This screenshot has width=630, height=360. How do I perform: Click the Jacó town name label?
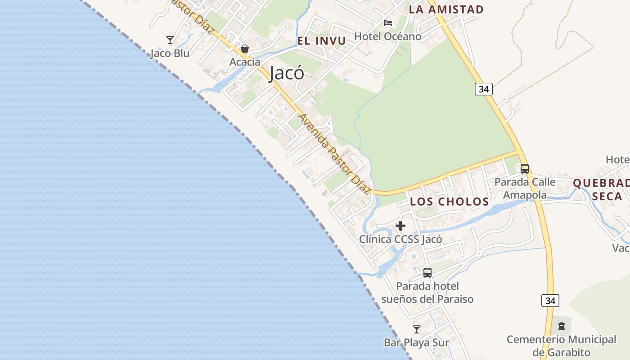[287, 73]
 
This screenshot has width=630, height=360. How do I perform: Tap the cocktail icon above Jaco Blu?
[170, 40]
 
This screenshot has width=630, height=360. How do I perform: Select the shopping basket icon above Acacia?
[245, 49]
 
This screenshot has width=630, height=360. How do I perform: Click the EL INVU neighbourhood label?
[321, 41]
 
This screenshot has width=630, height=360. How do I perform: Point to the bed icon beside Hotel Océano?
[388, 23]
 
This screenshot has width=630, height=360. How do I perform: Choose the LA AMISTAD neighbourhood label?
[446, 9]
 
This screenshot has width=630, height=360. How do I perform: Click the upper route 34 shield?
[483, 89]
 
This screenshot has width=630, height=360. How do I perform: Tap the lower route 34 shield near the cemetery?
[550, 301]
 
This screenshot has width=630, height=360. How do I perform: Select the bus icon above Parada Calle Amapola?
[525, 169]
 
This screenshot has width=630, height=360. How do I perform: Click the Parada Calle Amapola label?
[525, 189]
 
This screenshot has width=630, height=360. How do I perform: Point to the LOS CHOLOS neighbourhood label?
[449, 202]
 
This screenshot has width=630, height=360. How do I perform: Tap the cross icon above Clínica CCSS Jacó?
[400, 226]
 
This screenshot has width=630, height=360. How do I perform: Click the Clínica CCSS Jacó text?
[400, 239]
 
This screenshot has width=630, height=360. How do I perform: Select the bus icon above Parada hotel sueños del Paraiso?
[427, 273]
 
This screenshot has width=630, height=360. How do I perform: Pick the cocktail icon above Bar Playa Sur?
[417, 329]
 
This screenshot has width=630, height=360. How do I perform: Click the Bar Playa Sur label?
[416, 343]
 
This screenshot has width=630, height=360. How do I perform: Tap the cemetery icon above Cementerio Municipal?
[561, 326]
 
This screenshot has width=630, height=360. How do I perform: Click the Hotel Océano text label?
[388, 36]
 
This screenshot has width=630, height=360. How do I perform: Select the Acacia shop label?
[245, 62]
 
